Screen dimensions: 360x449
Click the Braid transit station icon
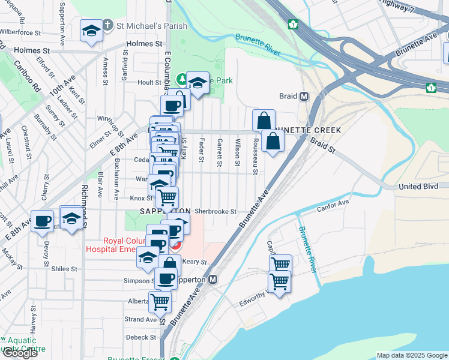[304, 96]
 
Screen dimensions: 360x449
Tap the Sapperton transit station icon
[213, 280]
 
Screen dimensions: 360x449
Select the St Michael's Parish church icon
[107, 25]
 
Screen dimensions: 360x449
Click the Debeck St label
[141, 337]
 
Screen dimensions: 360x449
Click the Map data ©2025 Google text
[412, 355]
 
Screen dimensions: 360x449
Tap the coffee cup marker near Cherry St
[42, 221]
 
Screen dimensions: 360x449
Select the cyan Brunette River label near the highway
[258, 44]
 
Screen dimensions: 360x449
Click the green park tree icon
[182, 80]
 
